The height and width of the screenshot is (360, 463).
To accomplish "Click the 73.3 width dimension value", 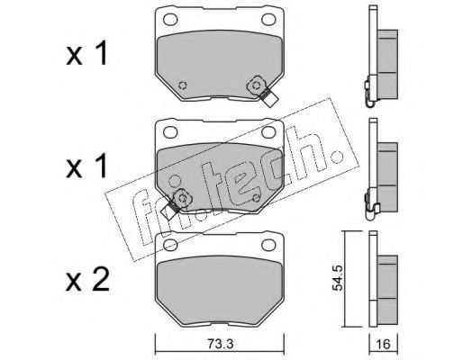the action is [219, 344].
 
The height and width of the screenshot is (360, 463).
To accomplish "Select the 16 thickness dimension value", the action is [383, 344].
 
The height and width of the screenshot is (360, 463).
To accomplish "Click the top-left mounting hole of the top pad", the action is [170, 20].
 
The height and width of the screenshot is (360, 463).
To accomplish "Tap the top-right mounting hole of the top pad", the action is [268, 20].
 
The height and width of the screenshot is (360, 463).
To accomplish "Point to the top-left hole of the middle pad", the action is [170, 132].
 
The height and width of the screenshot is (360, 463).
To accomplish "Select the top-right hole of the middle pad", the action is [268, 132].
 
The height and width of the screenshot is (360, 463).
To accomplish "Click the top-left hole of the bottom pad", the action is [170, 245].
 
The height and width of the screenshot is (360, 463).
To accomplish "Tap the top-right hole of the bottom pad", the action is [268, 245].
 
